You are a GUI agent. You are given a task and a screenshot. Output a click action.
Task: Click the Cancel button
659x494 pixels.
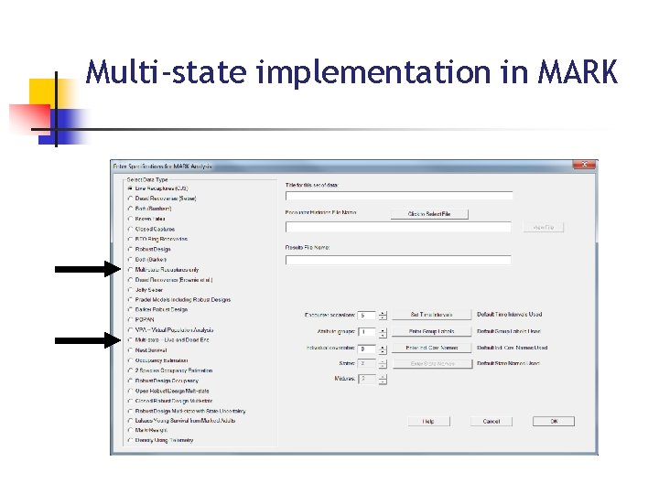(492, 421)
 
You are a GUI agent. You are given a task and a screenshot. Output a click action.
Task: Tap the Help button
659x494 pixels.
(428, 421)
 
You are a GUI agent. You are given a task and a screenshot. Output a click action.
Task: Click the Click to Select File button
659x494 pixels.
(429, 214)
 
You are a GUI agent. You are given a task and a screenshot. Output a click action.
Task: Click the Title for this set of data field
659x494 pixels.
(398, 196)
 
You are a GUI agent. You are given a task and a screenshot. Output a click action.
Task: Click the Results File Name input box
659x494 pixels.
(398, 260)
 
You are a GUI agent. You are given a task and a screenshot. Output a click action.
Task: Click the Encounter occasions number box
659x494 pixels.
(365, 315)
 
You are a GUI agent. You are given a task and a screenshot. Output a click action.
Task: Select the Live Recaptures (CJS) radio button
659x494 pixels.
(130, 188)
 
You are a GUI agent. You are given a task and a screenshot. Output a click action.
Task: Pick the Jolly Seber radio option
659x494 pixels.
(130, 289)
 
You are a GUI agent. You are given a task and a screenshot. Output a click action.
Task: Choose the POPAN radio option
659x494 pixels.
(130, 319)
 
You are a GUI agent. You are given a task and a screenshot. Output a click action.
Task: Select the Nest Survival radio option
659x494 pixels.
(130, 349)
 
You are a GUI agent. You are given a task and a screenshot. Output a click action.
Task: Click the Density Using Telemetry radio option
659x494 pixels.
(130, 440)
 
